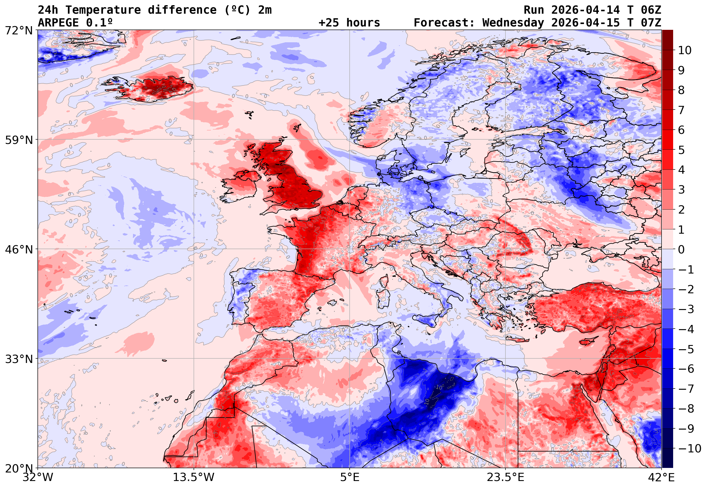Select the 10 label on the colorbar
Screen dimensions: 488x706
685,51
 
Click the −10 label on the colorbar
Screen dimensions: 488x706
690,448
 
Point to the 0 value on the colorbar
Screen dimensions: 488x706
681,249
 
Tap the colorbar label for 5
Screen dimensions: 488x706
681,150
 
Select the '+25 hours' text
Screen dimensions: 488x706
349,23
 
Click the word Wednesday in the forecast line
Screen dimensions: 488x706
513,23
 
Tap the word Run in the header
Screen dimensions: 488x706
534,10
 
